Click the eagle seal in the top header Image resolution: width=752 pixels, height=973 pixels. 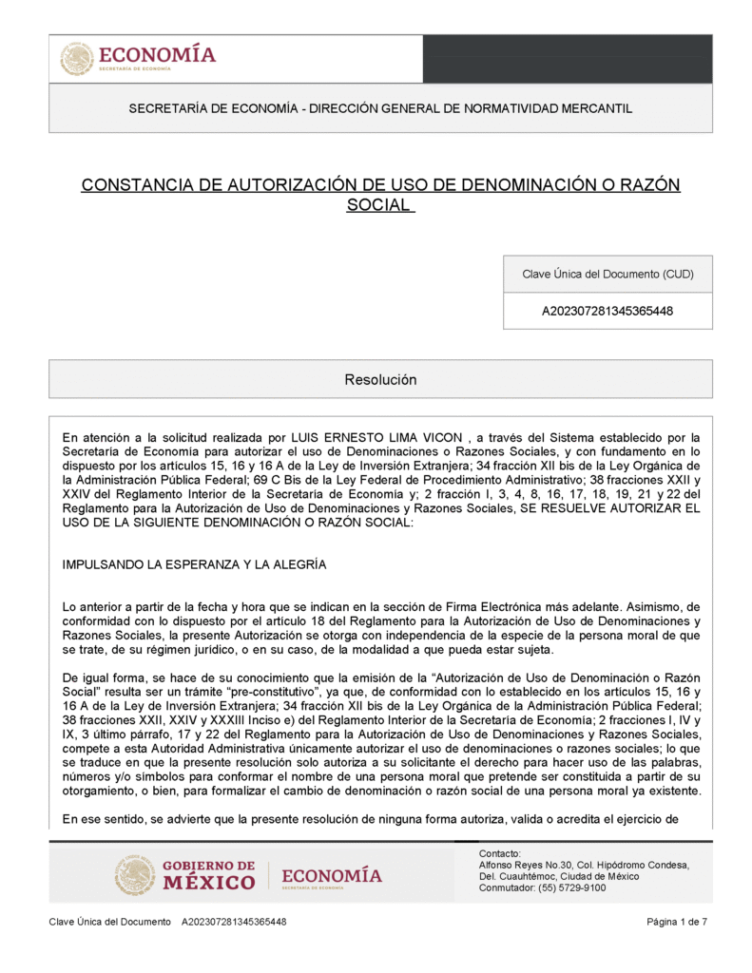(x=77, y=59)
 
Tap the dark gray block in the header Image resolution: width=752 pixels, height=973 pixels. (x=567, y=59)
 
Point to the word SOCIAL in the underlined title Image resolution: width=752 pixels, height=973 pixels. (x=378, y=204)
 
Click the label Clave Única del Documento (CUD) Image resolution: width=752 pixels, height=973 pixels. (x=607, y=275)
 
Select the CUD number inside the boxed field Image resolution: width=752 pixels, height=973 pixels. (x=607, y=311)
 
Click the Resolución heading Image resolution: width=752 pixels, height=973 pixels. (x=380, y=379)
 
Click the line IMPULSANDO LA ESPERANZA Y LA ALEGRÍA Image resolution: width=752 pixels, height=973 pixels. (x=194, y=564)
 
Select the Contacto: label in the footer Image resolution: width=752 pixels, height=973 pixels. (x=500, y=853)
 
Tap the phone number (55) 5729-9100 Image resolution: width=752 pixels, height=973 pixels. (x=575, y=887)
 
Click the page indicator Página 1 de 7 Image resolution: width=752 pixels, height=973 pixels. (x=677, y=922)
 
